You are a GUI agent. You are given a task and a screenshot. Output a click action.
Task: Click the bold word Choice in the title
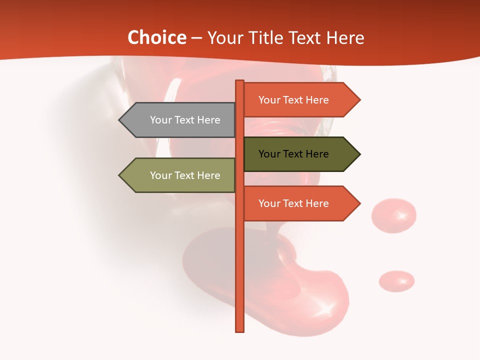(156, 38)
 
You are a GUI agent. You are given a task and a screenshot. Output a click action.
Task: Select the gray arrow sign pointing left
(177, 120)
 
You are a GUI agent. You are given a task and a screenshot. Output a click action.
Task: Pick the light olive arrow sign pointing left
(177, 175)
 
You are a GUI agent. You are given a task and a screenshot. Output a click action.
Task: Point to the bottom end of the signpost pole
(240, 329)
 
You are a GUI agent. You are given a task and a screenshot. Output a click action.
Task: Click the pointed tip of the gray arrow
(120, 120)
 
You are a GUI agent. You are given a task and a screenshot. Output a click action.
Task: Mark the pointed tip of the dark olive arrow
(359, 154)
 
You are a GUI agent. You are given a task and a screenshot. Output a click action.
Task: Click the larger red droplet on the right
(393, 215)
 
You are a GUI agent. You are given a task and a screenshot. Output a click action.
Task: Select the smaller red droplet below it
(396, 281)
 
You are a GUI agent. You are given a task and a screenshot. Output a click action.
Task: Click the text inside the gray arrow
(185, 120)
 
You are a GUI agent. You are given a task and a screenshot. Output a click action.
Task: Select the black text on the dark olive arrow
(293, 154)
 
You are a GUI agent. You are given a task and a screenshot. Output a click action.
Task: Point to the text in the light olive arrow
(185, 175)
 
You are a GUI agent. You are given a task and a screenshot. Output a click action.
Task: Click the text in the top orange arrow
(293, 100)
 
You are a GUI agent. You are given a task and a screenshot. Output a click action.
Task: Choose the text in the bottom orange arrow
(293, 203)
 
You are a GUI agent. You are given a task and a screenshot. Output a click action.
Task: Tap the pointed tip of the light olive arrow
(120, 175)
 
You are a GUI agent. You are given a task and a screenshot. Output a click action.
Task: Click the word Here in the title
(345, 38)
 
